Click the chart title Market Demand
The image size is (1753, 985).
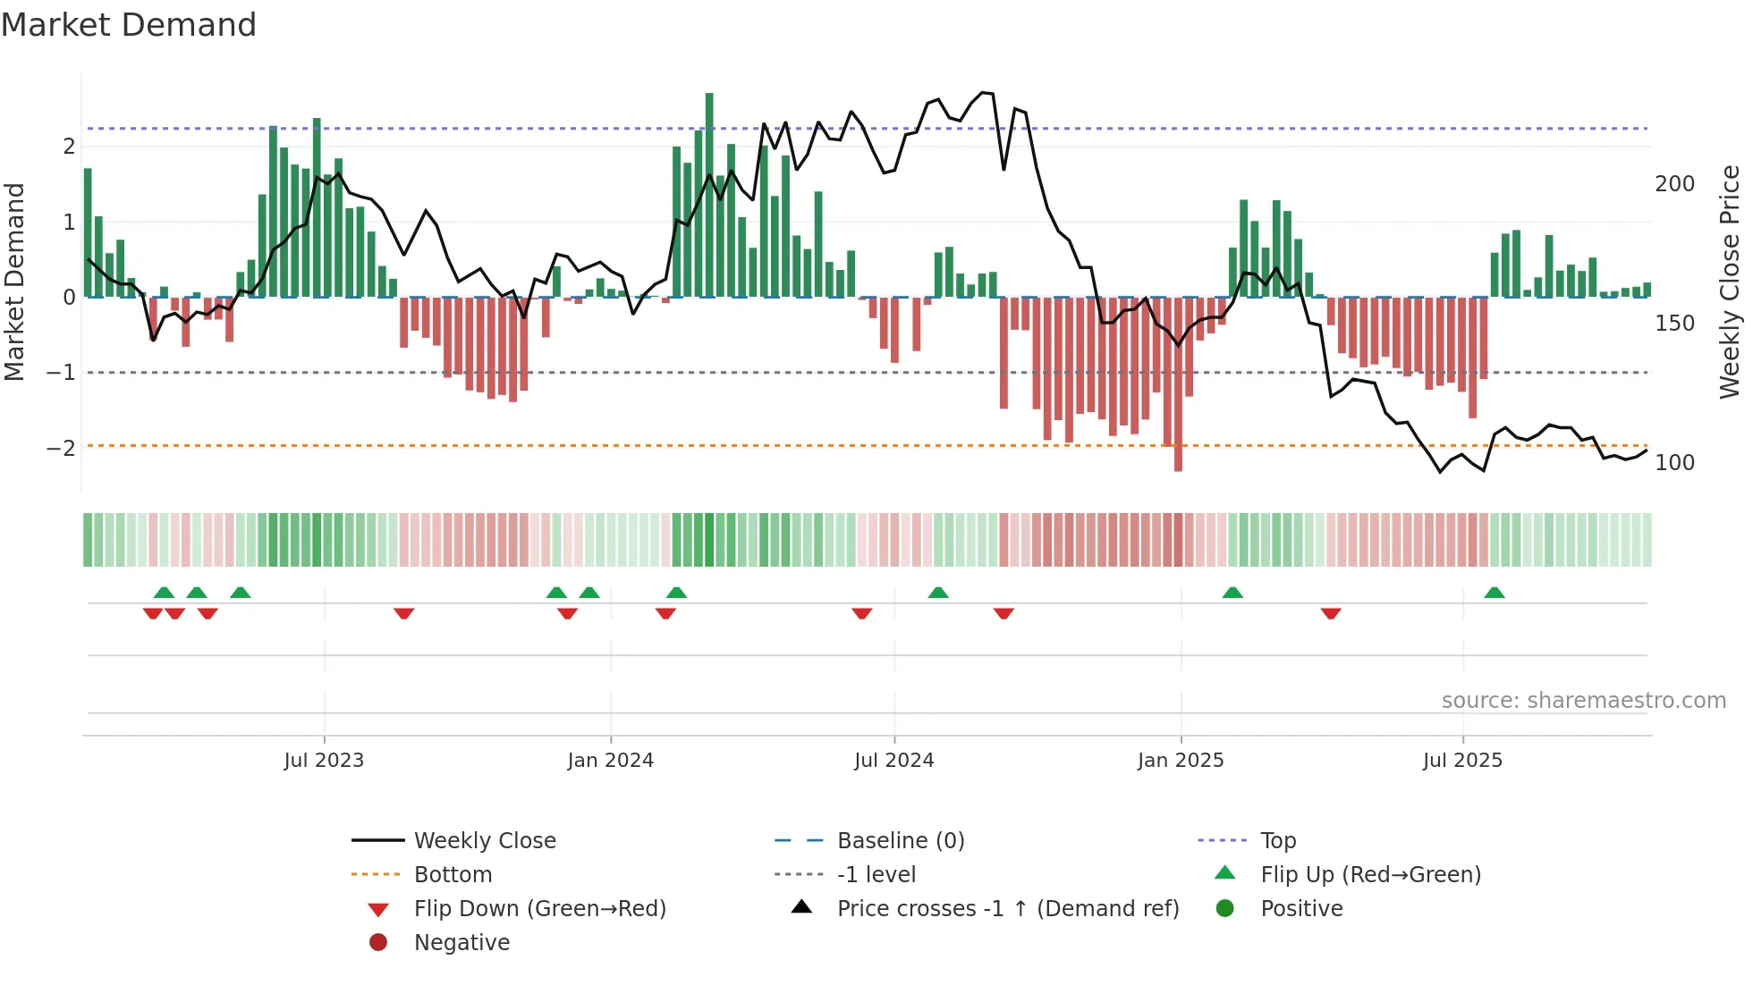point(129,25)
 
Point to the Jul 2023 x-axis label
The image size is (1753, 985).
point(324,761)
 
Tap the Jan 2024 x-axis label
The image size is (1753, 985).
point(611,761)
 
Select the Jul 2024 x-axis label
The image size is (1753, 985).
point(894,761)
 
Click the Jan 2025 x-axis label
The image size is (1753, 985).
point(1181,761)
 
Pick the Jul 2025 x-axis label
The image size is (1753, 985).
point(1463,761)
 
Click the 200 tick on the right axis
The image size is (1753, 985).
point(1674,184)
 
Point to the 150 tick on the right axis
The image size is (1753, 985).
point(1674,324)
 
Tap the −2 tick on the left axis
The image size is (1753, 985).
point(61,448)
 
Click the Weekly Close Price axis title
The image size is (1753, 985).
point(1730,282)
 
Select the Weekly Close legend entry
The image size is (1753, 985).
point(484,841)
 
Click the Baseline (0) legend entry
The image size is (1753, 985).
point(900,841)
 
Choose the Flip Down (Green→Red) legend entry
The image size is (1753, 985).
point(539,909)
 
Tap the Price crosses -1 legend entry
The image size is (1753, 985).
point(1007,909)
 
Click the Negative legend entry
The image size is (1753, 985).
point(462,943)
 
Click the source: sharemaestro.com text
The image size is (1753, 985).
point(1583,701)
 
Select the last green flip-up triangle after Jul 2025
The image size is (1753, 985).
point(1495,593)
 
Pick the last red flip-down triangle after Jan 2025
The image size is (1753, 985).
point(1331,613)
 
